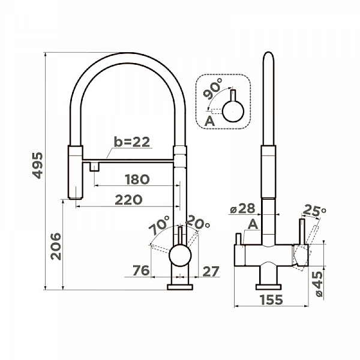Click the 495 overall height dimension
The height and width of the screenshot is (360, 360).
(x=37, y=166)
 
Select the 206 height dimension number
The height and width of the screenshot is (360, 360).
(x=56, y=247)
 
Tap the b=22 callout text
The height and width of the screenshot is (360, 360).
(x=132, y=142)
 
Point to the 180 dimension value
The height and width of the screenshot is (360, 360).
(x=137, y=179)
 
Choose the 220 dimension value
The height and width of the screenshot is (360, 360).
(x=128, y=200)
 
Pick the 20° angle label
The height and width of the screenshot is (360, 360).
(x=197, y=222)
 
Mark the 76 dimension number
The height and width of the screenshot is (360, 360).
(x=141, y=271)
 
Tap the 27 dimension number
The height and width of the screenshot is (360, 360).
(x=211, y=272)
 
